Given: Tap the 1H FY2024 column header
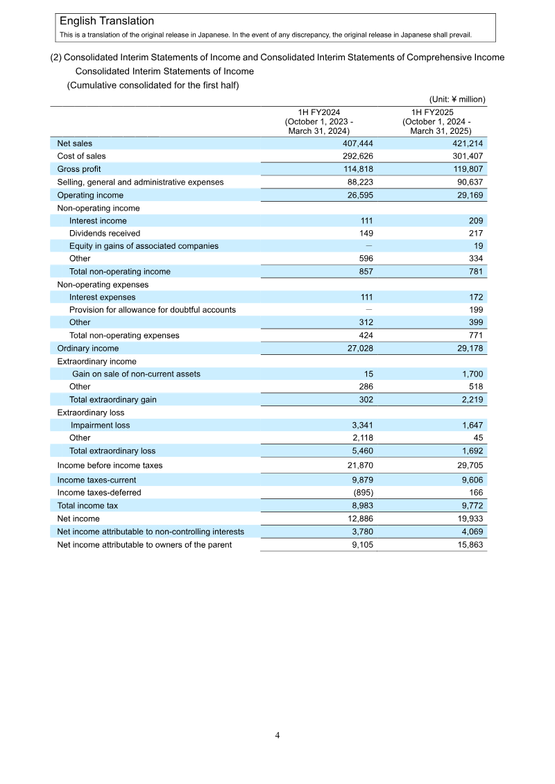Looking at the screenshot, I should point(319,121).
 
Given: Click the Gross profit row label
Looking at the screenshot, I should point(78,169).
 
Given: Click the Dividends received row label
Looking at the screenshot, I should point(104,234).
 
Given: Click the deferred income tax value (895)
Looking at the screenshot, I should point(361,493).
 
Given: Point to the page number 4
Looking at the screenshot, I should point(277,735).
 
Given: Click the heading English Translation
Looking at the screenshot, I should point(107,21).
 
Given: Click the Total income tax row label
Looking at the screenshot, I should point(87,506).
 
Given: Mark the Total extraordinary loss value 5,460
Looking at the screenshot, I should point(360,451).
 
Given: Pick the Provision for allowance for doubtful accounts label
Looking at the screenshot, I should point(152,310).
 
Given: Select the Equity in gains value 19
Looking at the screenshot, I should point(478,246).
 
